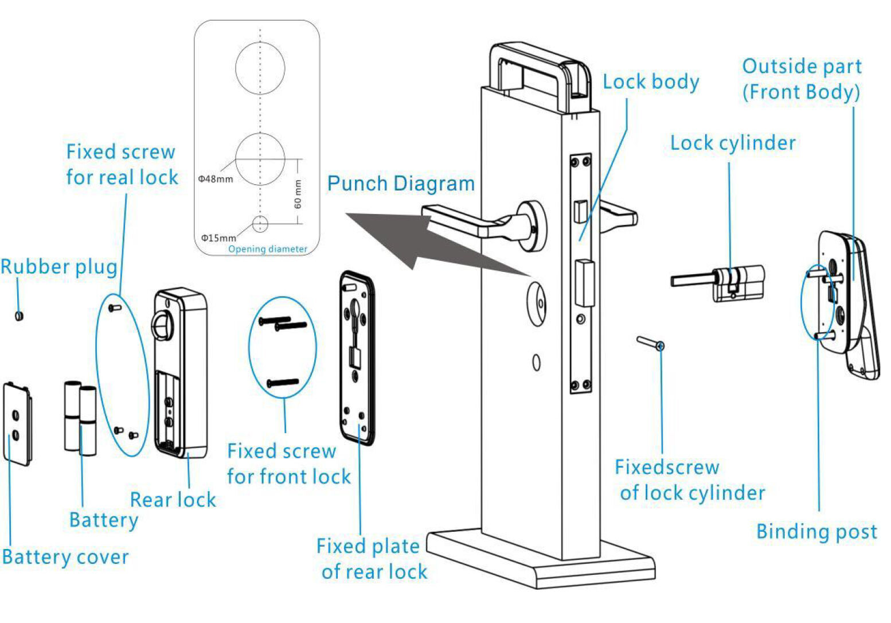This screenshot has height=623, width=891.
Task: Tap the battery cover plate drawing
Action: coord(17,424)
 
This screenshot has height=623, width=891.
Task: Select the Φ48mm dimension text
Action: coord(216,179)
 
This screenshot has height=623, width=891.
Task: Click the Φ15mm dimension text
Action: coord(218,238)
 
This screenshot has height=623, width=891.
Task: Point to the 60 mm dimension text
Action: coord(298,194)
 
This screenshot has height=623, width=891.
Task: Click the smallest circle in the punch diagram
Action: coord(260,224)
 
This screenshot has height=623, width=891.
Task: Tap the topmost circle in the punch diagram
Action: coord(260,68)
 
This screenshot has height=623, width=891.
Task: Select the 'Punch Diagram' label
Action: coord(401,184)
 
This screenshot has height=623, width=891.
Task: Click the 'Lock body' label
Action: coord(651,82)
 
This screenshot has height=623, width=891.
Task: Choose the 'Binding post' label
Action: coord(816,532)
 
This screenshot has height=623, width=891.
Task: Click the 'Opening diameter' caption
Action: coord(268,249)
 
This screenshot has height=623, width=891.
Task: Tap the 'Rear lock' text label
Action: coord(173,500)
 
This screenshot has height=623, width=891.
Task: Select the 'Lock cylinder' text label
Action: coord(733,143)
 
